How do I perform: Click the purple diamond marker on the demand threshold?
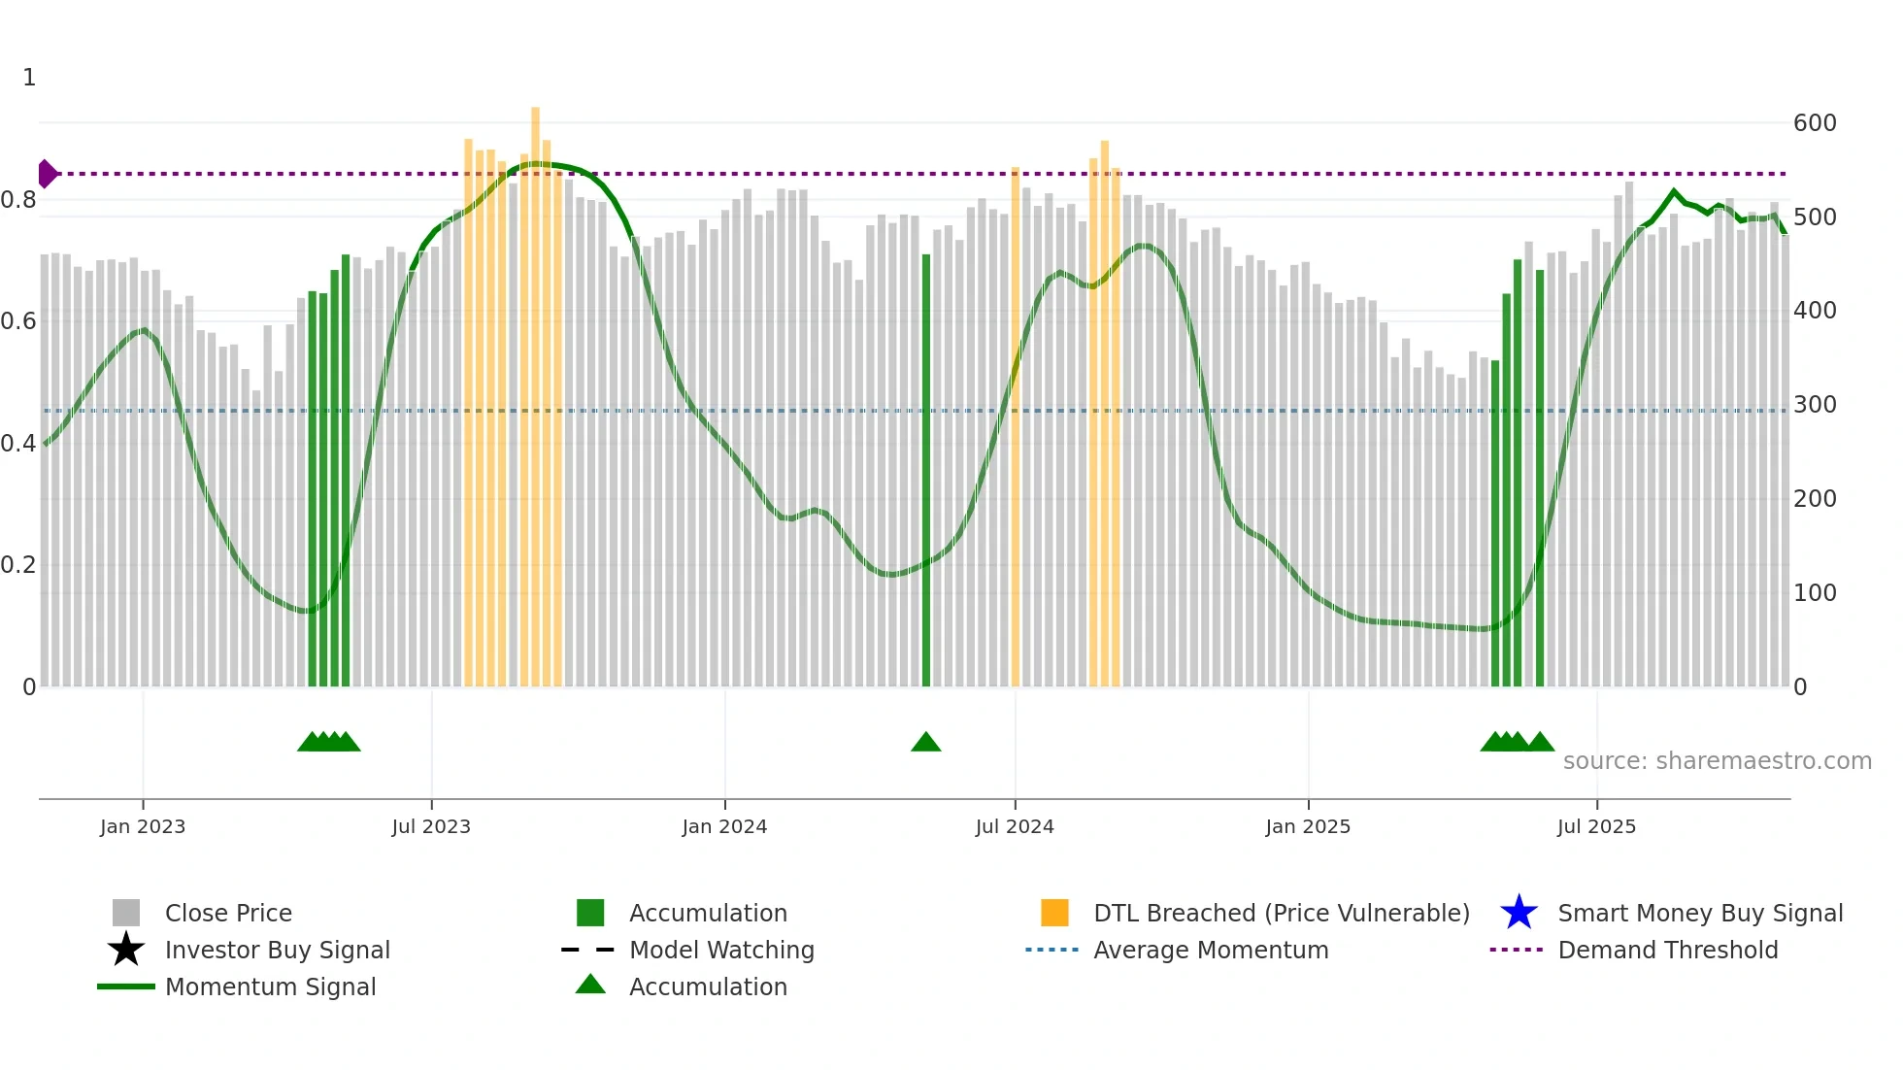tap(47, 174)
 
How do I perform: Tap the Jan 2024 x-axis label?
tap(724, 827)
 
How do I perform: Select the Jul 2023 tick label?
tap(431, 827)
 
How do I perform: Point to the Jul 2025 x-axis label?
tap(1596, 827)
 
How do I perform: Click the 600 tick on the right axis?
tap(1815, 123)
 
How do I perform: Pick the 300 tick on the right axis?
tap(1815, 405)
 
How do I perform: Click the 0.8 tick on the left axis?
tap(18, 200)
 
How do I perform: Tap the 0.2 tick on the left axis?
tap(18, 565)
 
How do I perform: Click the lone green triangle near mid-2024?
tap(925, 743)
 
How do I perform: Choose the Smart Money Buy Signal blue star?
tap(1519, 913)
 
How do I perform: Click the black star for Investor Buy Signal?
tap(126, 950)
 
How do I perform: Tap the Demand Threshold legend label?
tap(1667, 950)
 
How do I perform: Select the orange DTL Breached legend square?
tap(1054, 913)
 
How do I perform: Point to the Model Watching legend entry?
tap(720, 950)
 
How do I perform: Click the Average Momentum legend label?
tap(1211, 950)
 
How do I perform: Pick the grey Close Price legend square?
tap(126, 913)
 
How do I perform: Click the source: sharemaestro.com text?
tap(1717, 761)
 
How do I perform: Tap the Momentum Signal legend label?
tap(270, 986)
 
